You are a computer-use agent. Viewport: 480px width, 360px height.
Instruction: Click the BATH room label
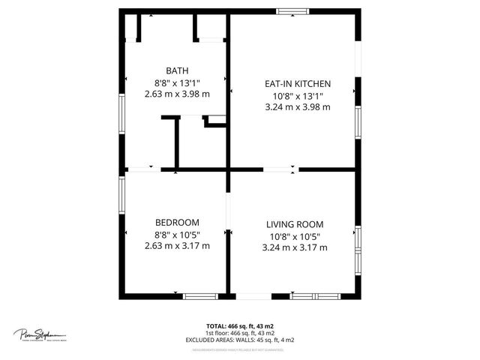(x=177, y=70)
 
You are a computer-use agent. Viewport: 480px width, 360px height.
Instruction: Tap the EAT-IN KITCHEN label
(x=297, y=83)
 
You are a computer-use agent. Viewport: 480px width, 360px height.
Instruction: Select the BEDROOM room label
(x=177, y=222)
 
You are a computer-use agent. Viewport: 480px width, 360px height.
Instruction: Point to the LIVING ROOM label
(x=295, y=224)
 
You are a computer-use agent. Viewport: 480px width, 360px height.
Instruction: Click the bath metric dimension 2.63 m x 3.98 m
(x=177, y=94)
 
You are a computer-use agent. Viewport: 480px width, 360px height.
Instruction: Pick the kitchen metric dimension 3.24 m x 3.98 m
(x=297, y=107)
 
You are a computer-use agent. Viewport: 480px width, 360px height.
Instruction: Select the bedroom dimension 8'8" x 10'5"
(x=177, y=234)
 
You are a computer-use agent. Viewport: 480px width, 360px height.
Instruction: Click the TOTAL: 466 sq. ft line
(x=240, y=325)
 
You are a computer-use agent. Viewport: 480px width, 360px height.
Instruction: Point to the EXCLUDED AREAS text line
(x=240, y=340)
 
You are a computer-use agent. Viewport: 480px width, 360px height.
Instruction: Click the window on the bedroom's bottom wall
(x=200, y=296)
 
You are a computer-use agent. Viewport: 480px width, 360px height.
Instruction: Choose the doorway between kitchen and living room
(x=280, y=170)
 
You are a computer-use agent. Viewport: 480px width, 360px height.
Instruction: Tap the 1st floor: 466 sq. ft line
(x=240, y=332)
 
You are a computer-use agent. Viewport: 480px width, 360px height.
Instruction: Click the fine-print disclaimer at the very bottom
(x=240, y=349)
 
